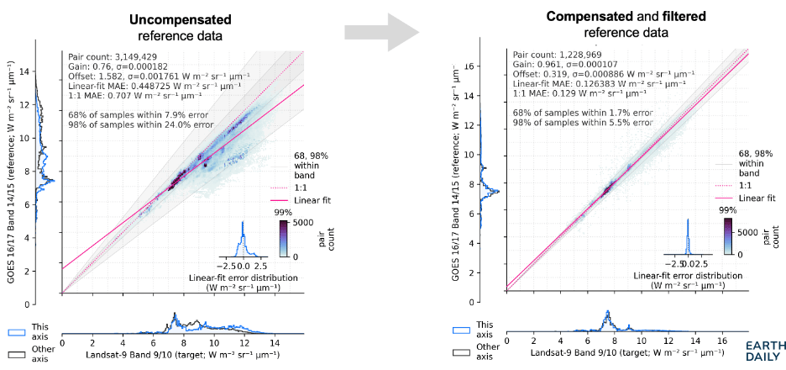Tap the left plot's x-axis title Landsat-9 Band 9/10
point(176,356)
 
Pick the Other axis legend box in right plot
point(461,352)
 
